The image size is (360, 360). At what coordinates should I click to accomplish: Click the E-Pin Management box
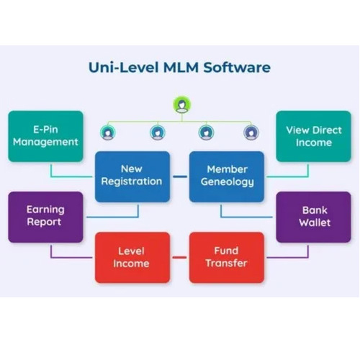tap(45, 136)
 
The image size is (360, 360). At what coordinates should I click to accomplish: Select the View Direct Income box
tap(313, 136)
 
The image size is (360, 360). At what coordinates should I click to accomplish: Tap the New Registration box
tap(132, 176)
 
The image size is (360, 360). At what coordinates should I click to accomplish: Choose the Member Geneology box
tap(227, 176)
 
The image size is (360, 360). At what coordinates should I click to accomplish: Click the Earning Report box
tap(45, 216)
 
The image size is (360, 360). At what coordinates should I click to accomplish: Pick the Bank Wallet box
tap(314, 216)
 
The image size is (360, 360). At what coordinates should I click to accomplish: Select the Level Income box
tap(132, 257)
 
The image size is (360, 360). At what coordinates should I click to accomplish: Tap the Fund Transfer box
tap(227, 257)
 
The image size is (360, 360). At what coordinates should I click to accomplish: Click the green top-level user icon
tap(180, 105)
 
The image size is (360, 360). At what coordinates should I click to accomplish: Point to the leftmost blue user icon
tap(108, 132)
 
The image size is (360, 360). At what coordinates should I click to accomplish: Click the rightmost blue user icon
tap(251, 132)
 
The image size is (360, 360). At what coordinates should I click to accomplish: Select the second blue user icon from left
tap(157, 132)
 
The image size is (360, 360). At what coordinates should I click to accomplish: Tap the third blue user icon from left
tap(206, 132)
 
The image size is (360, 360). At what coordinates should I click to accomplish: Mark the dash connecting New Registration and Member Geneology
tap(180, 176)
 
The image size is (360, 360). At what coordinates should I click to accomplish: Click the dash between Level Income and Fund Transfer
tap(180, 257)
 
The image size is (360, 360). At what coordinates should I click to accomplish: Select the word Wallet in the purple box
tap(314, 222)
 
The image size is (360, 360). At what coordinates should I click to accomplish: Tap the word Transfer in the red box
tap(227, 264)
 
